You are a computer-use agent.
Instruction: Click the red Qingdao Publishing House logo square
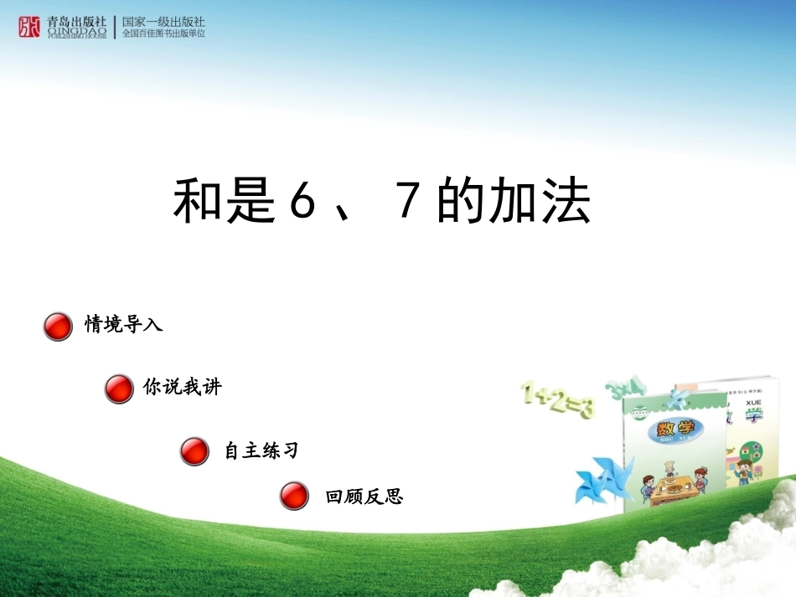click(x=28, y=27)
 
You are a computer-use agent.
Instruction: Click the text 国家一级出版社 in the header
click(x=163, y=21)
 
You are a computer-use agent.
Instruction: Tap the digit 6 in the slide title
click(x=300, y=203)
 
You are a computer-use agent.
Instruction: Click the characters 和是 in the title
click(x=224, y=203)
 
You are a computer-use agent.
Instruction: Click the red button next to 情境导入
click(x=57, y=327)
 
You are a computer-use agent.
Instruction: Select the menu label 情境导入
click(x=123, y=325)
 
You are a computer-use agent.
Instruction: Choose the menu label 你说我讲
click(x=182, y=388)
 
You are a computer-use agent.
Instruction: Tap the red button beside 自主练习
click(x=194, y=451)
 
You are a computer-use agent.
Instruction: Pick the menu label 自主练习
click(x=261, y=450)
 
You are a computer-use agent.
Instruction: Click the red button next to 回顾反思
click(x=294, y=496)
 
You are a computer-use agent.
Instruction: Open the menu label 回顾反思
click(x=364, y=497)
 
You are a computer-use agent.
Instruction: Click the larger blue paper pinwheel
click(x=602, y=481)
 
